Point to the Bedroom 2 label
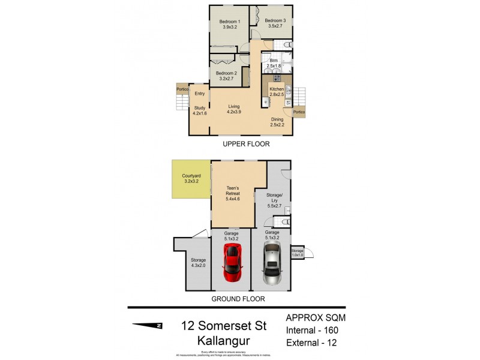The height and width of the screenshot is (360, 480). click(x=226, y=76)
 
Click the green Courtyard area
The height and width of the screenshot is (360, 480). click(x=191, y=179)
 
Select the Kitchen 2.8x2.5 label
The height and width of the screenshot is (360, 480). click(x=276, y=92)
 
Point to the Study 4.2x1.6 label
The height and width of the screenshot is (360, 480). click(x=200, y=110)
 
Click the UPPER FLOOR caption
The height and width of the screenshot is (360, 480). click(x=245, y=144)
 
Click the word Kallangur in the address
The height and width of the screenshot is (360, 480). click(x=224, y=340)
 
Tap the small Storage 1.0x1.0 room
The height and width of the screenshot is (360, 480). click(x=298, y=253)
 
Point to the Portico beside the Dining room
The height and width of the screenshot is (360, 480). click(x=298, y=112)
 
